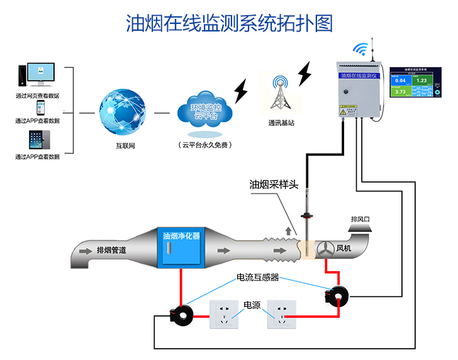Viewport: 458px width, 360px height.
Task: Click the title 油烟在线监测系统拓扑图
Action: point(229,23)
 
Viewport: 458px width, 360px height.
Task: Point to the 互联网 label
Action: point(125,146)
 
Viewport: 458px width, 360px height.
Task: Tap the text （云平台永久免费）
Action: point(203,145)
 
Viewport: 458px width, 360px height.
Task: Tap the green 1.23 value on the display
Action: point(422,81)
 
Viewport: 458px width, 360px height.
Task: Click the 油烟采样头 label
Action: point(277,185)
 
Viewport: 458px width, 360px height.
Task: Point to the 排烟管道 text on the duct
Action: point(111,250)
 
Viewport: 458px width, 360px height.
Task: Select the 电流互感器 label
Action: point(257,277)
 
